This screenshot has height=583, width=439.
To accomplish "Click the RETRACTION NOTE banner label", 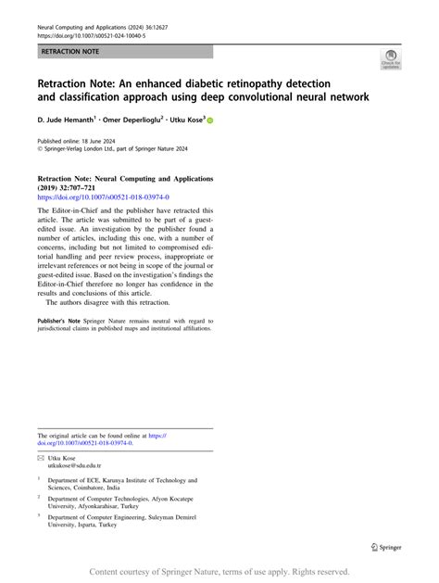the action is point(68,53).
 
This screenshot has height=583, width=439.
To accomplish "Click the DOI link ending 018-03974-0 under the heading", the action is point(103,197).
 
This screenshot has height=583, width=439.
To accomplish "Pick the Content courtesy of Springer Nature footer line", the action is point(219,573).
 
